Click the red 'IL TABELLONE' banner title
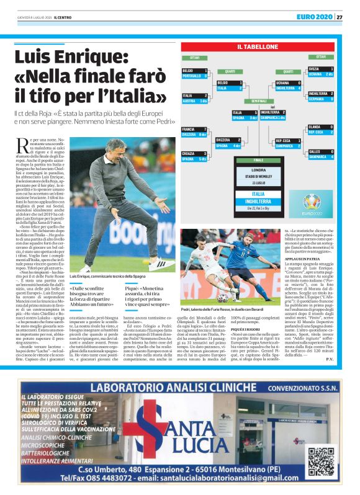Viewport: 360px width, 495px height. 257,47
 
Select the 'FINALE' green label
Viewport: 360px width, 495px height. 258,160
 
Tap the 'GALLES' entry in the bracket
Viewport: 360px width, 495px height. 314,151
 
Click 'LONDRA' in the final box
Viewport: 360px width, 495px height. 258,169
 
